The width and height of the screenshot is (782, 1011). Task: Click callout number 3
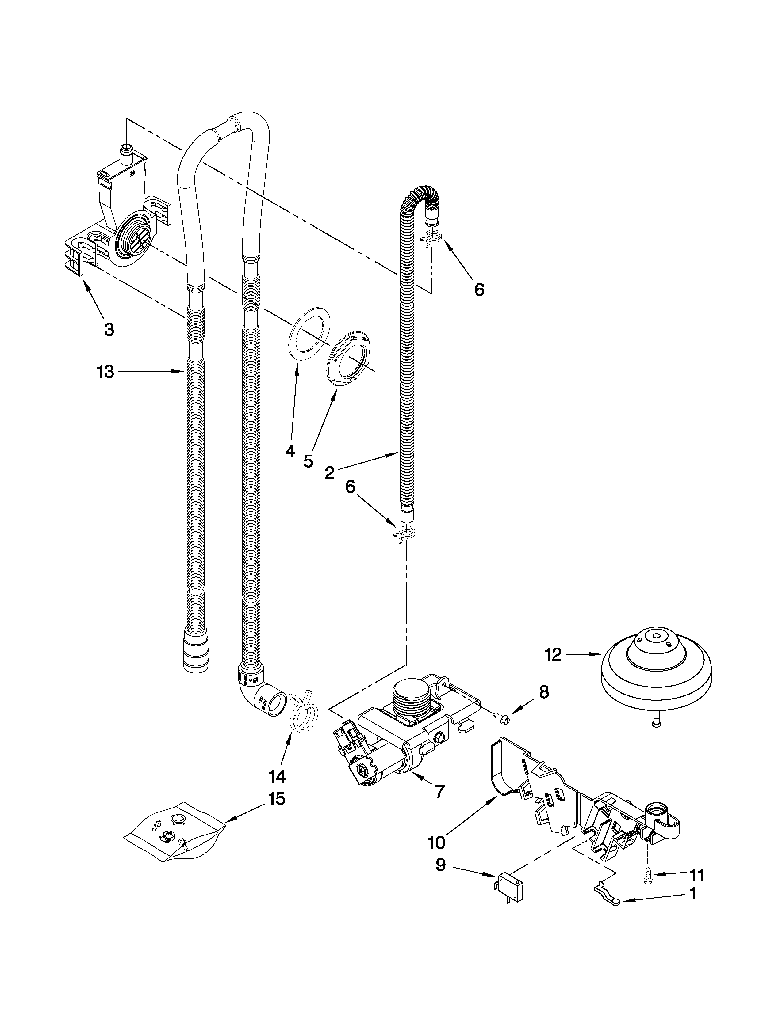tap(109, 330)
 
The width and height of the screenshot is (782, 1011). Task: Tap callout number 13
tap(105, 372)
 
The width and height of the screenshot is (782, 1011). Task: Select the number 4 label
tap(290, 450)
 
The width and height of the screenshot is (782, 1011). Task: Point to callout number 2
tap(329, 473)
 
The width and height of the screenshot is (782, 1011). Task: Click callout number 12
tap(553, 654)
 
